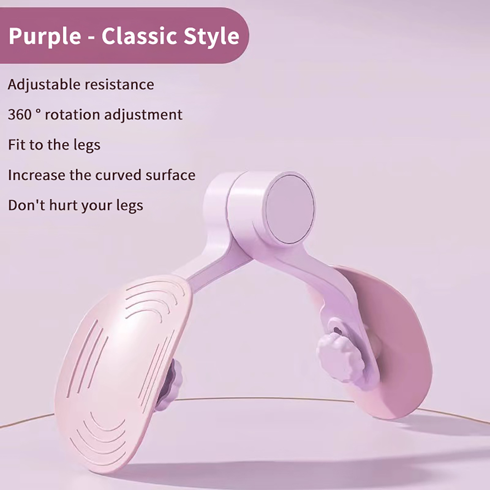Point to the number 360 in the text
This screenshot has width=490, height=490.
pos(20,115)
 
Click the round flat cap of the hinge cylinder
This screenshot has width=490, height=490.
pos(289,209)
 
